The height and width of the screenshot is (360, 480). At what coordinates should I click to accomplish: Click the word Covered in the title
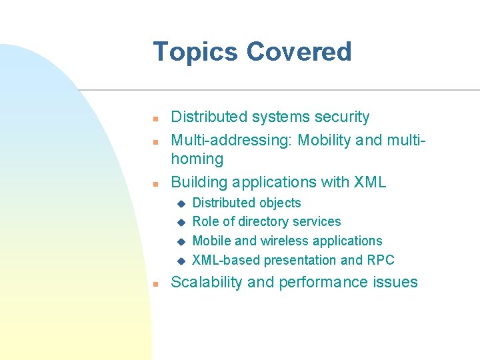[x=299, y=52]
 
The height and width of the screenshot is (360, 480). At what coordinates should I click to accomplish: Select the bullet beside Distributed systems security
[x=154, y=119]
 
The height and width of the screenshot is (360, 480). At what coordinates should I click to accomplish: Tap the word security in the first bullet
[x=342, y=117]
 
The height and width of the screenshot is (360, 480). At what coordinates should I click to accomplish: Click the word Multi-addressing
[x=232, y=141]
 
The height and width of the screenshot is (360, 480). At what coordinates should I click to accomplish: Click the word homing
[x=197, y=159]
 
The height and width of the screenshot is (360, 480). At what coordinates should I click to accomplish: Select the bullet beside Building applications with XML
[x=154, y=183]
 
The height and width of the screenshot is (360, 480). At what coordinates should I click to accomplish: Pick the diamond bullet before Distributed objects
[x=179, y=203]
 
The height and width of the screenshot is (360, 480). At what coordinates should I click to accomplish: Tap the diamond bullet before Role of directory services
[x=179, y=222]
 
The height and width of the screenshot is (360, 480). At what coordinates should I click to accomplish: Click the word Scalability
[x=207, y=282]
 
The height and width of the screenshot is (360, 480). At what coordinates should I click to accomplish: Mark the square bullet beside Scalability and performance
[x=154, y=284]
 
